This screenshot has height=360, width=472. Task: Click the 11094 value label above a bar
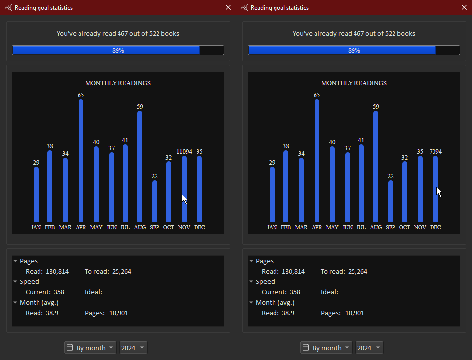[184, 152]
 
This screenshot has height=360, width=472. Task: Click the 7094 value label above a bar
[435, 152]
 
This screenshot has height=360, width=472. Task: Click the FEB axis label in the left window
[50, 227]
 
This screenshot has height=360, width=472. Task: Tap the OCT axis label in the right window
[405, 227]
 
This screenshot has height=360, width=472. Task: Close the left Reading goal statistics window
[228, 7]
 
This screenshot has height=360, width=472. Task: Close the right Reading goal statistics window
[464, 7]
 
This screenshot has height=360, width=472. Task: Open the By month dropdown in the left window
[90, 348]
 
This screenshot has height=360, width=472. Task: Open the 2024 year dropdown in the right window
[369, 348]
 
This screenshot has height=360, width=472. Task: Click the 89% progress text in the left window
[118, 50]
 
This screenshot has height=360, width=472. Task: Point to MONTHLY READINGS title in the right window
[354, 83]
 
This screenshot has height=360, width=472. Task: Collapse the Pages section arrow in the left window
[15, 261]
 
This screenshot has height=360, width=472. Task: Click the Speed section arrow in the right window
[251, 281]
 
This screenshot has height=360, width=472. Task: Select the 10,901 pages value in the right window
[354, 313]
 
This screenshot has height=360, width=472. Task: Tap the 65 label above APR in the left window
[81, 95]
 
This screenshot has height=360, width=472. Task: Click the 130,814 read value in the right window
[293, 271]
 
